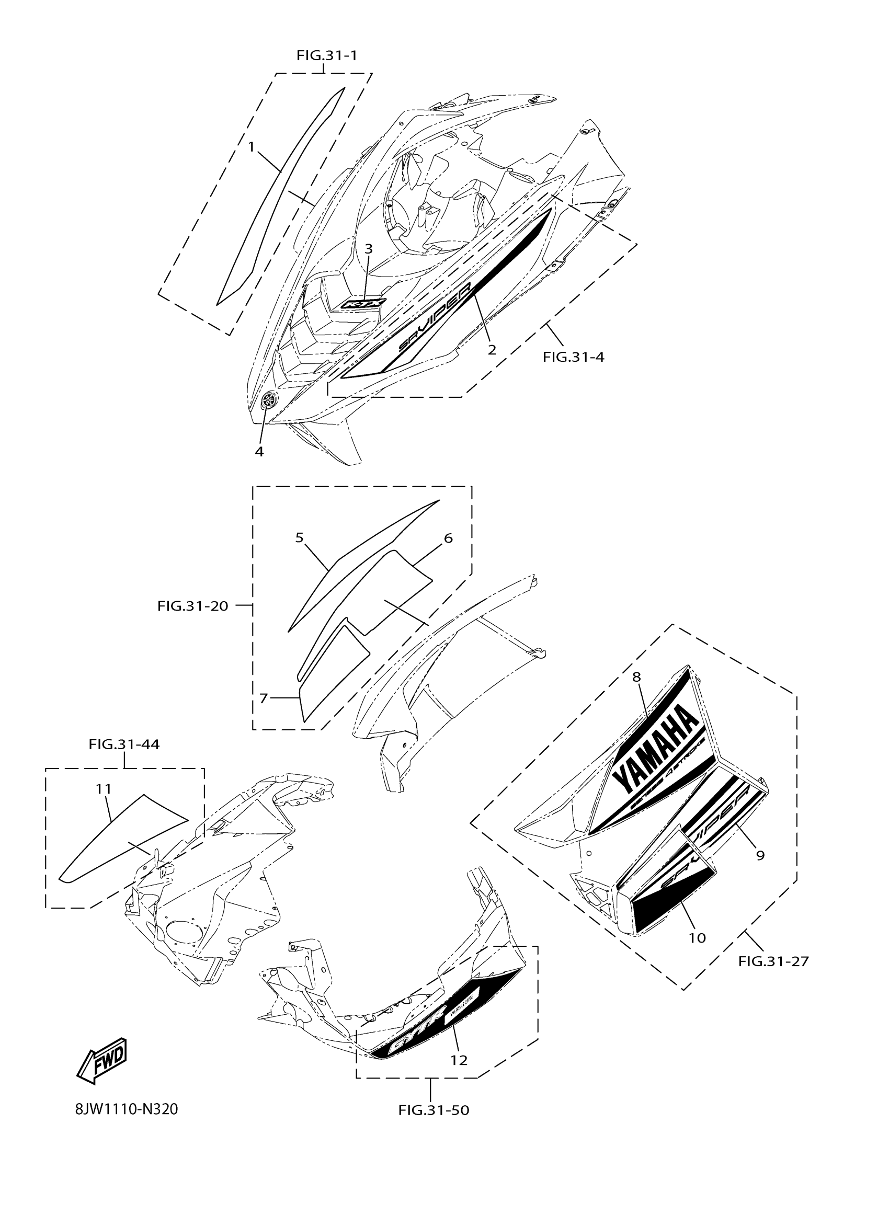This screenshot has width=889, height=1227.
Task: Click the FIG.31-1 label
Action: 326,55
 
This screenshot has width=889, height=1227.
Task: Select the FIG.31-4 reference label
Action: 574,357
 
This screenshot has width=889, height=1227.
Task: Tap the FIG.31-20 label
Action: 192,606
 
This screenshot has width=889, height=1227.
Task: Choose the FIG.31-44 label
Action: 124,744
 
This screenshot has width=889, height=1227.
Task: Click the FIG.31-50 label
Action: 434,1110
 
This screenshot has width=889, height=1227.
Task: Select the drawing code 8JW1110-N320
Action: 127,1109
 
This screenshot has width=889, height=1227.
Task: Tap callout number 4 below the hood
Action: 259,451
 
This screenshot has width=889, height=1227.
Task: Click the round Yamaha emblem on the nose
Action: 268,400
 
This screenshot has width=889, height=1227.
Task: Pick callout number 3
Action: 369,249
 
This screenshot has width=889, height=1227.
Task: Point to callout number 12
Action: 459,1060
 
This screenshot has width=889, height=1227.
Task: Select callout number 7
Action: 264,698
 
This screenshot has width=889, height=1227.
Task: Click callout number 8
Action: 636,676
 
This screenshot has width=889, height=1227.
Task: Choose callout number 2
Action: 492,350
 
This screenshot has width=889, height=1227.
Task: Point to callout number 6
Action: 448,538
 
